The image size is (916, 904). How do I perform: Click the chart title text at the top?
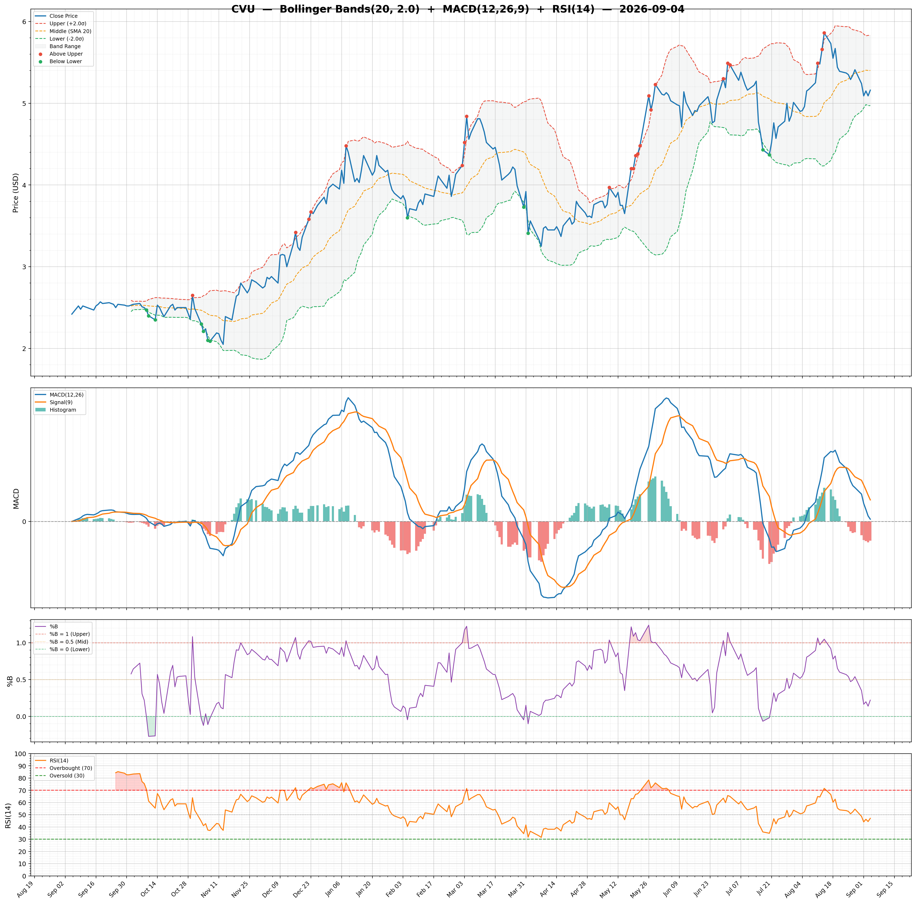pyautogui.click(x=458, y=9)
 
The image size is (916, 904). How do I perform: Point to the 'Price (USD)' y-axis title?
pyautogui.click(x=16, y=192)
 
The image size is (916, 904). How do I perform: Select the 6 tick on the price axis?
pyautogui.click(x=25, y=22)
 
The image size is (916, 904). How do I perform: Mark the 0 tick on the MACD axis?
pyautogui.click(x=25, y=521)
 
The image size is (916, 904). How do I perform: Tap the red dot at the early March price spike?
pyautogui.click(x=467, y=116)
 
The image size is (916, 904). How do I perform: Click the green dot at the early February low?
pyautogui.click(x=407, y=218)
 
